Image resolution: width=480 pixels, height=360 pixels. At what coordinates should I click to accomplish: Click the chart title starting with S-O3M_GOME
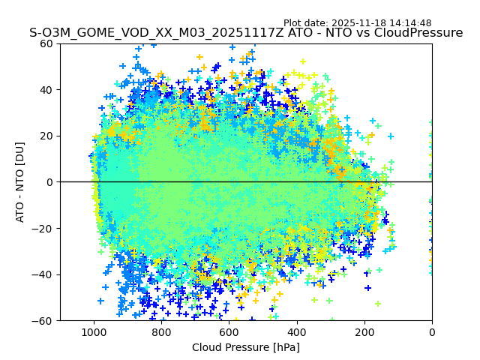(x=246, y=33)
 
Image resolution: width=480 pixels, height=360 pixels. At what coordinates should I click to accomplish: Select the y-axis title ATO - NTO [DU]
(x=21, y=181)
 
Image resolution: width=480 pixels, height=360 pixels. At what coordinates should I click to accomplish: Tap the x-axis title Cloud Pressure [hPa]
(x=246, y=347)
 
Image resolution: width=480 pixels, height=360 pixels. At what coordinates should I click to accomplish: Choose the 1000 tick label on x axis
(x=94, y=331)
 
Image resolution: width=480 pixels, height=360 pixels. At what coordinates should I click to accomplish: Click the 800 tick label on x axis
(x=161, y=331)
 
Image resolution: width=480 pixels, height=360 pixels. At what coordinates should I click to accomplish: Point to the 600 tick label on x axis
(x=229, y=331)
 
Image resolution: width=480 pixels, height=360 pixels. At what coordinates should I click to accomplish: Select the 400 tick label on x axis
(x=297, y=331)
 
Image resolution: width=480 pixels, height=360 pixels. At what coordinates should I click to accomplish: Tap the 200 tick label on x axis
(x=364, y=331)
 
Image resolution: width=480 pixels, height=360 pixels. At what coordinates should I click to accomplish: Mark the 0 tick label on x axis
(x=432, y=331)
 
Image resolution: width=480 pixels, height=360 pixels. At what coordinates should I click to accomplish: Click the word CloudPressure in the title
(x=422, y=33)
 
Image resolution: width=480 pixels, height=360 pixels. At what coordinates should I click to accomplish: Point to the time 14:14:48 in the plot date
(x=410, y=23)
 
